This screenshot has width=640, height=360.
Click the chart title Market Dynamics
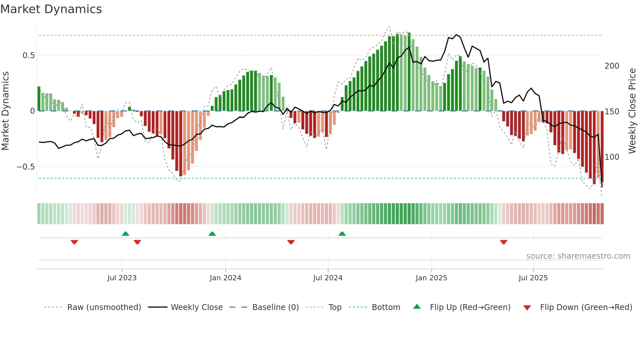(51, 9)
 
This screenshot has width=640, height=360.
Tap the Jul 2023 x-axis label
(122, 278)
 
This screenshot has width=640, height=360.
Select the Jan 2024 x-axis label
(225, 278)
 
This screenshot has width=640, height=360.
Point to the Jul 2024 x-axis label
(328, 278)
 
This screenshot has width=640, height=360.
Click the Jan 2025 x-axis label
(431, 278)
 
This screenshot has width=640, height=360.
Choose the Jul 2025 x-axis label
(533, 278)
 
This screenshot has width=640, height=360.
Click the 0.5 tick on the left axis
(28, 56)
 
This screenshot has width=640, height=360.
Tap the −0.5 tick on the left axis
(26, 167)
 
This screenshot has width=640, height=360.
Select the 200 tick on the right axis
(612, 66)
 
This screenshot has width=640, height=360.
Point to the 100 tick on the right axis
(612, 157)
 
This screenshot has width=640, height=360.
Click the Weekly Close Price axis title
(632, 111)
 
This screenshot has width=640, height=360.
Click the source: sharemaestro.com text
(578, 256)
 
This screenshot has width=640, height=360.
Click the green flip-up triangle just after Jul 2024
(342, 234)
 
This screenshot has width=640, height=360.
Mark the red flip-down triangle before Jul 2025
(504, 242)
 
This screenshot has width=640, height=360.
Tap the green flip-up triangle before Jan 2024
(212, 234)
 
